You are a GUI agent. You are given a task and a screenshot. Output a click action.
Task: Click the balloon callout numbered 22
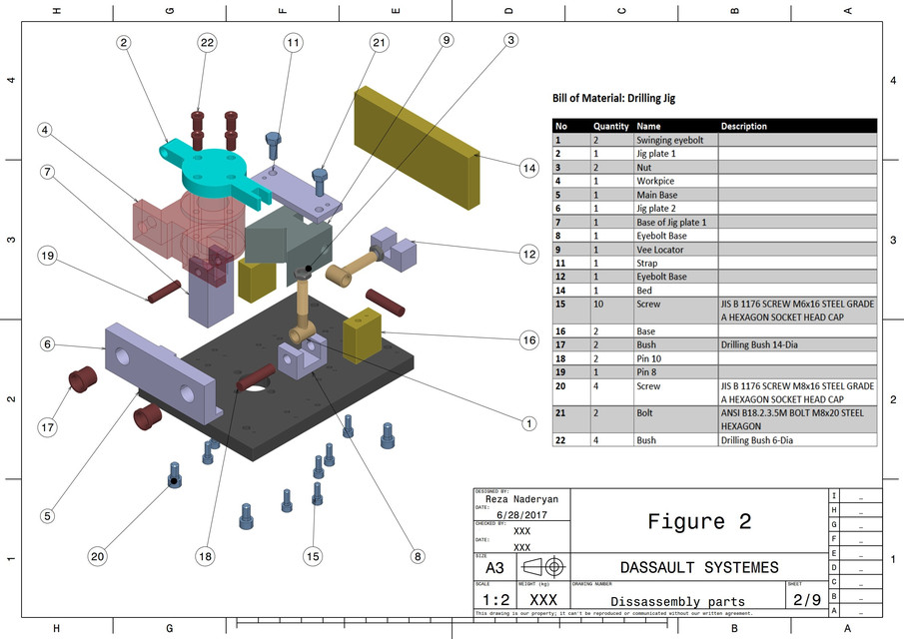(x=207, y=43)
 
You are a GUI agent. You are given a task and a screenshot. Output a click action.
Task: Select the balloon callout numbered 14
(x=528, y=169)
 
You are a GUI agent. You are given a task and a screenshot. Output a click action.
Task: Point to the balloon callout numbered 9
(x=447, y=40)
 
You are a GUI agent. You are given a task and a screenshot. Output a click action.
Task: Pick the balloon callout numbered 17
(x=47, y=427)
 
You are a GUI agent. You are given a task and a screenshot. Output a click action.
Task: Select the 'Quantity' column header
(x=610, y=127)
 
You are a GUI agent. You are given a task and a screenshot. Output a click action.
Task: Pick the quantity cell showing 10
(x=597, y=304)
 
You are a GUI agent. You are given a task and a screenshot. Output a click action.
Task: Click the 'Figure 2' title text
(x=699, y=521)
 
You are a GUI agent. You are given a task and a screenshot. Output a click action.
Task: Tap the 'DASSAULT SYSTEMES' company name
(x=699, y=567)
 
